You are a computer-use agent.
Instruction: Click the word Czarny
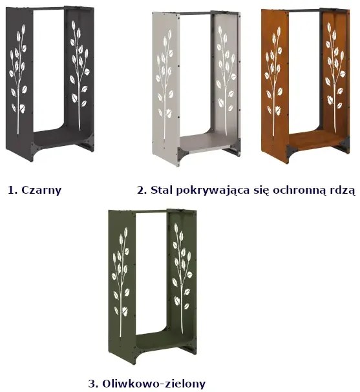point(41,191)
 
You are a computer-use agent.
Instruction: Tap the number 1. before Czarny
point(13,190)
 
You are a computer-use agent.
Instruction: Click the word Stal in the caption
point(162,190)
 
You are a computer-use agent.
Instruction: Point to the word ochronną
point(297,191)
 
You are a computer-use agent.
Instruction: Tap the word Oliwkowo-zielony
point(154,383)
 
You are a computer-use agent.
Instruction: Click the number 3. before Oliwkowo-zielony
point(94,383)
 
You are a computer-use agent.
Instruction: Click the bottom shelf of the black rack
point(61,139)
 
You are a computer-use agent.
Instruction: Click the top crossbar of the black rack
point(48,8)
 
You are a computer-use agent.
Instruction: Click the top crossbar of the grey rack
point(195,13)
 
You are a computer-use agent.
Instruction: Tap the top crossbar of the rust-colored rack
point(304,10)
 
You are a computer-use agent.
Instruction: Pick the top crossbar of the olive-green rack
point(151,211)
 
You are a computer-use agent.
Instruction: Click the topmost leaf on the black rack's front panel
point(23,28)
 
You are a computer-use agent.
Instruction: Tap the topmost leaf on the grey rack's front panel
point(170,32)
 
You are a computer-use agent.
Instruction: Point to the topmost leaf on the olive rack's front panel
point(126,231)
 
